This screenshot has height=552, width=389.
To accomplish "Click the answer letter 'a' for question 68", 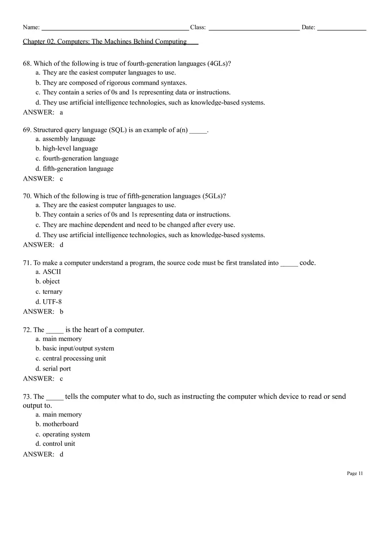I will pyautogui.click(x=61, y=112).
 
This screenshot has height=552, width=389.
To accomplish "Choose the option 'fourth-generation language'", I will pyautogui.click(x=80, y=158).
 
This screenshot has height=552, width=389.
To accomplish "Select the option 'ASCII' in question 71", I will pyautogui.click(x=52, y=272).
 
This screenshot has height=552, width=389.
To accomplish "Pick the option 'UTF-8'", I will pyautogui.click(x=52, y=302).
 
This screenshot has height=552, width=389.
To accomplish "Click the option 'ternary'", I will pyautogui.click(x=53, y=292).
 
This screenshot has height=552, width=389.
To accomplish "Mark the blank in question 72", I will pyautogui.click(x=55, y=330).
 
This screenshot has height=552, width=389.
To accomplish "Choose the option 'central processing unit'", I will pyautogui.click(x=74, y=359).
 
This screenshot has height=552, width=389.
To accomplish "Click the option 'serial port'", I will pyautogui.click(x=57, y=369).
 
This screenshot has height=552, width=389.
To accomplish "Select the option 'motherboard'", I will pyautogui.click(x=61, y=424).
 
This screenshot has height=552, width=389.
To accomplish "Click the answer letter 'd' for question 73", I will pyautogui.click(x=61, y=454).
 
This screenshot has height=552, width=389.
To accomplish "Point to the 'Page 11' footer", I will pyautogui.click(x=355, y=473).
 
